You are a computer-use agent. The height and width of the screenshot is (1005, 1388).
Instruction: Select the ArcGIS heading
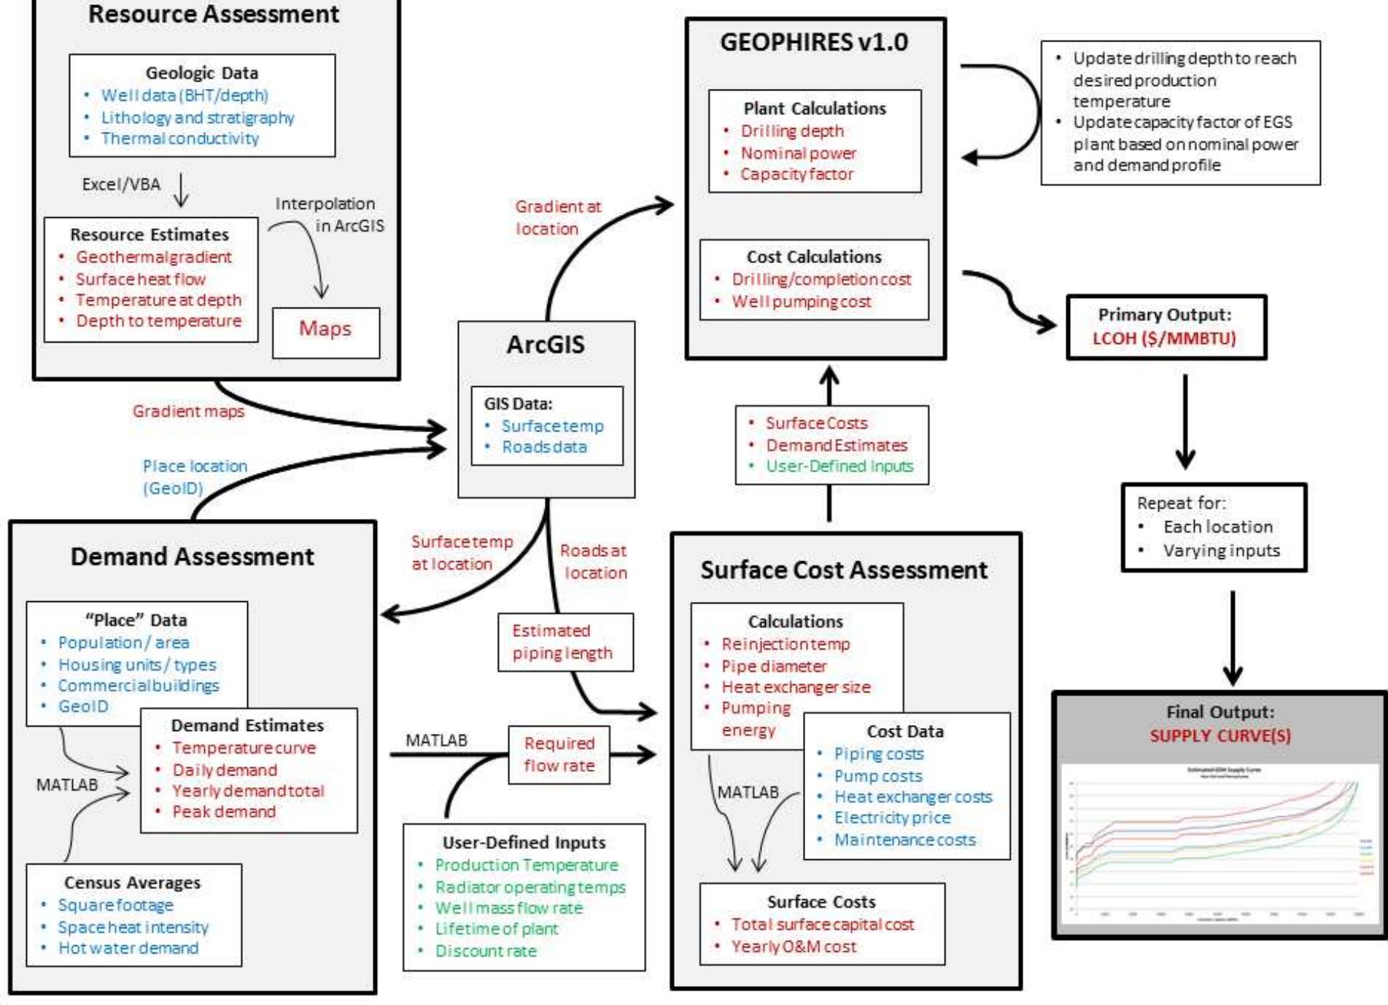(x=546, y=345)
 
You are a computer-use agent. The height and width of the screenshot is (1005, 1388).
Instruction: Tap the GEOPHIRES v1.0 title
(x=814, y=42)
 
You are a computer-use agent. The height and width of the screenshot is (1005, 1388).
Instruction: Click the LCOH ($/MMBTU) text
(x=1163, y=339)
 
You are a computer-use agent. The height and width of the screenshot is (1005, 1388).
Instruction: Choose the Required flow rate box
(x=559, y=754)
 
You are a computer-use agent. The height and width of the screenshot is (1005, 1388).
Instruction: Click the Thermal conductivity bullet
(x=179, y=138)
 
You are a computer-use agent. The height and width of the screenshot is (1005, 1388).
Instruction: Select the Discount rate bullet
(x=486, y=951)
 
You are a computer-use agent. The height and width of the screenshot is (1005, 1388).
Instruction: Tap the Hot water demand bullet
(x=128, y=948)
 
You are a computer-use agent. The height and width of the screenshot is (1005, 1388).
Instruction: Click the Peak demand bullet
(x=224, y=812)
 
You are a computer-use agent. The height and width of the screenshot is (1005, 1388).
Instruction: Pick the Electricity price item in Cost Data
(x=892, y=818)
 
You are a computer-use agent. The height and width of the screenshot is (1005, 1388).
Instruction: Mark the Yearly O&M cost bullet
(x=794, y=947)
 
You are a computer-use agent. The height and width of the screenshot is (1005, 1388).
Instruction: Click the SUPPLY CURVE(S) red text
(x=1220, y=736)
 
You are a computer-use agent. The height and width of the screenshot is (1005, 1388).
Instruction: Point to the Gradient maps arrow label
(x=188, y=412)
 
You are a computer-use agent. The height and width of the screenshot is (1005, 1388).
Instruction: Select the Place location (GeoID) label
(x=194, y=477)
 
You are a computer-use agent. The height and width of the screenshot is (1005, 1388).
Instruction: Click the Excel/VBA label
(x=121, y=184)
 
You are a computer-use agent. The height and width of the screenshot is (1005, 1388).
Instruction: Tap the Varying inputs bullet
(x=1221, y=551)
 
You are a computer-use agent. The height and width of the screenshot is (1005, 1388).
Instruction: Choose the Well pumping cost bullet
(x=801, y=302)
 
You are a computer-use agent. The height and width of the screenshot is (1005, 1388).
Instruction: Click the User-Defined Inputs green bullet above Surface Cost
(x=839, y=466)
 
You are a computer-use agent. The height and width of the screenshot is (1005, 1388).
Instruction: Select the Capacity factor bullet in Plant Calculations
(x=796, y=174)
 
